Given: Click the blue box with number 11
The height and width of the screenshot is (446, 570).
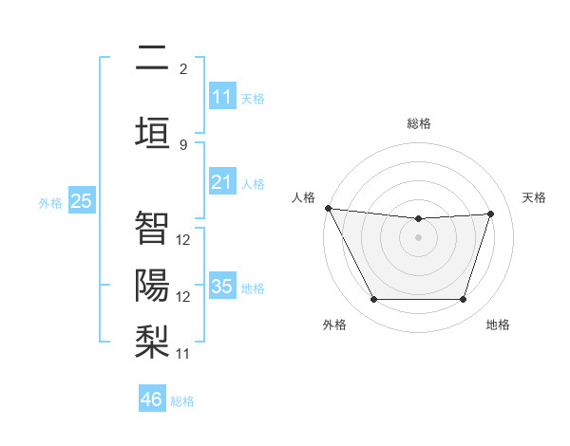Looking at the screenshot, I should (222, 97).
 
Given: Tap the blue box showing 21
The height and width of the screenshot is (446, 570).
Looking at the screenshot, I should (222, 182).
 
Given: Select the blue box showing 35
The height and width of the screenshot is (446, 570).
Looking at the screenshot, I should (222, 287).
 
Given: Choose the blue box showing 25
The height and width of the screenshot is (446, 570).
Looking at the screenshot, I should (81, 201).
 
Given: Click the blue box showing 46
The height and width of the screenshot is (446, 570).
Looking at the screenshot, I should (152, 400).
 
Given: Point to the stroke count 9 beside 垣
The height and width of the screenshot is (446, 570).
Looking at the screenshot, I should (183, 144).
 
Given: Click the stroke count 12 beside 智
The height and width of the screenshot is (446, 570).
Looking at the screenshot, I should (183, 240).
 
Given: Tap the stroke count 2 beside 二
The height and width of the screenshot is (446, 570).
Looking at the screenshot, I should (183, 68).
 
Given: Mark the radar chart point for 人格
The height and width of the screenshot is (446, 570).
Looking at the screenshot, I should (328, 208).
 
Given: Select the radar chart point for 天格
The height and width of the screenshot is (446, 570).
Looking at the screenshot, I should (491, 214).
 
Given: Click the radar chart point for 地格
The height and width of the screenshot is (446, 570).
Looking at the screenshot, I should (463, 300).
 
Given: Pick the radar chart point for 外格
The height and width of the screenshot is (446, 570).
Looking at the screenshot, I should (373, 300).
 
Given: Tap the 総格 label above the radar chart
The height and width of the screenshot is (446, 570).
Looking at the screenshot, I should (418, 123).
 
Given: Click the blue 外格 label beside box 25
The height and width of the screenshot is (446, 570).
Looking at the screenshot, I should (50, 202).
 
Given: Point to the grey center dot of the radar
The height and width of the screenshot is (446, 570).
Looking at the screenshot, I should (418, 237).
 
